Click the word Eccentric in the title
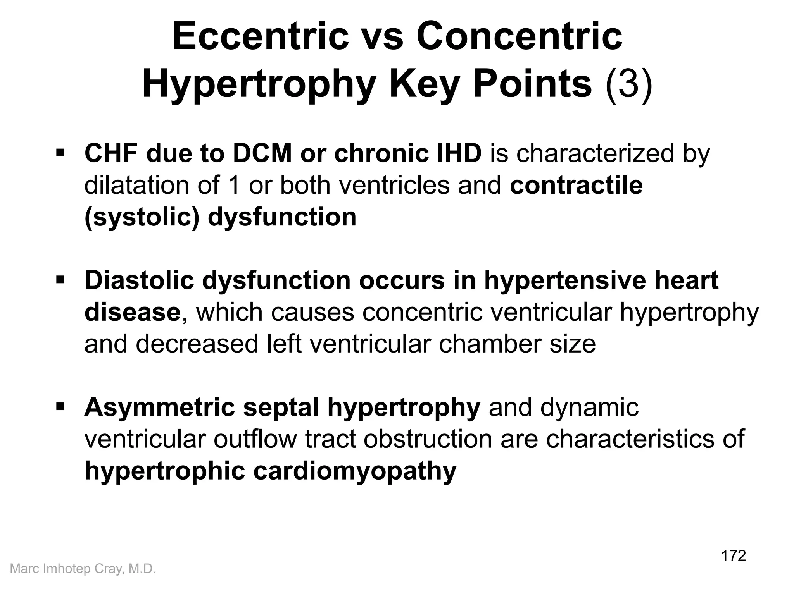coord(260,37)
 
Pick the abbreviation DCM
coord(262,153)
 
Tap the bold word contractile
coord(576,185)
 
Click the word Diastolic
coord(139,280)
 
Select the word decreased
coord(197,344)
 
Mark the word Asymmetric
coord(159,408)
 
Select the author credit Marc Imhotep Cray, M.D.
coord(83,569)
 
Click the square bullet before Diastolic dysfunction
coord(60,280)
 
